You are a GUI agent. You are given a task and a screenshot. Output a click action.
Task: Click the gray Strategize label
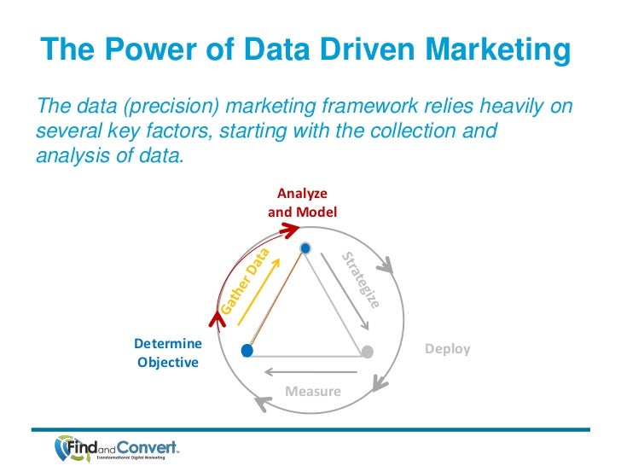click(361, 280)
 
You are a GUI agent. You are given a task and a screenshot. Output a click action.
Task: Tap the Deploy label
click(447, 349)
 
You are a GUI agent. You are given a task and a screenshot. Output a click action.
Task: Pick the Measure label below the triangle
click(312, 392)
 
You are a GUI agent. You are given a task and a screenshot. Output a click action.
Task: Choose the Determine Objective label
click(170, 352)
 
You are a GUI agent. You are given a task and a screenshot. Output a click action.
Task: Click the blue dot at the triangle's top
click(305, 248)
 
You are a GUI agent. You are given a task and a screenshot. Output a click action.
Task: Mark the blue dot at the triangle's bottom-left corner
click(247, 351)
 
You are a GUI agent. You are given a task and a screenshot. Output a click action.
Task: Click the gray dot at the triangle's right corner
click(368, 351)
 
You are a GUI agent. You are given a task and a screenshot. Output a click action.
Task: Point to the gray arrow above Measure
click(310, 371)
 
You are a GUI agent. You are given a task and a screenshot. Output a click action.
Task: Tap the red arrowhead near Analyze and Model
click(293, 228)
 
